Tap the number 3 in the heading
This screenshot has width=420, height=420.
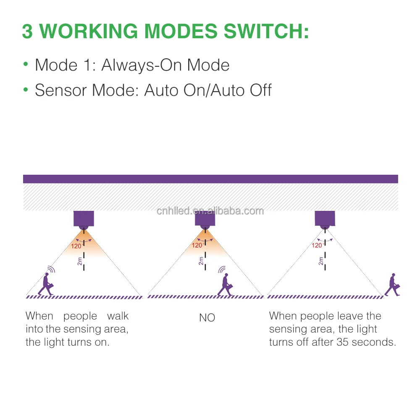click(27, 31)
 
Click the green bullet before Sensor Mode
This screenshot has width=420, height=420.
click(26, 90)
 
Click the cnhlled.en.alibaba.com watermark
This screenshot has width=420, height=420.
click(210, 211)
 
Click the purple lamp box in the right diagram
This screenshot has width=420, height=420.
click(325, 218)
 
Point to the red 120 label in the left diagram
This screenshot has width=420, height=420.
click(76, 247)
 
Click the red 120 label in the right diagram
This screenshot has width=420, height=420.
click(317, 245)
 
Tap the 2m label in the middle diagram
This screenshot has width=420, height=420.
click(201, 261)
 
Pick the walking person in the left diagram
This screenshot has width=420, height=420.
click(46, 284)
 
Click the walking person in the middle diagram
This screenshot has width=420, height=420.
click(226, 285)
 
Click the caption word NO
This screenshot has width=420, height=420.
click(207, 318)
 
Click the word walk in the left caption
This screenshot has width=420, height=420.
click(118, 316)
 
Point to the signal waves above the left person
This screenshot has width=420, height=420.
click(51, 269)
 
